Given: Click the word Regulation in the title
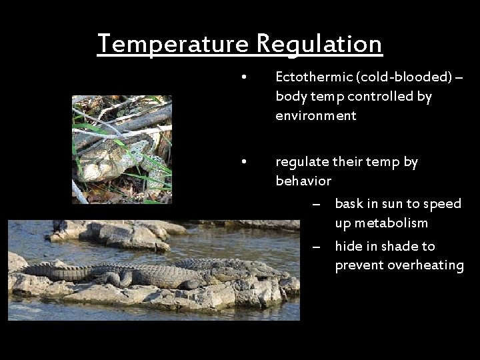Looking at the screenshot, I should [x=319, y=44].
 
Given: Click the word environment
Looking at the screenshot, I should [x=316, y=116].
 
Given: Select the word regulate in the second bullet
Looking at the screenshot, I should [x=302, y=162].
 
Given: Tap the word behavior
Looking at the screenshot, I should [x=303, y=181].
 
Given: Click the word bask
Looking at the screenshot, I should [x=349, y=203].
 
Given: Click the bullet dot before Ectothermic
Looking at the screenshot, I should [x=246, y=77].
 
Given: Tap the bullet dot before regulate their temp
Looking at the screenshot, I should [x=246, y=162].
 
